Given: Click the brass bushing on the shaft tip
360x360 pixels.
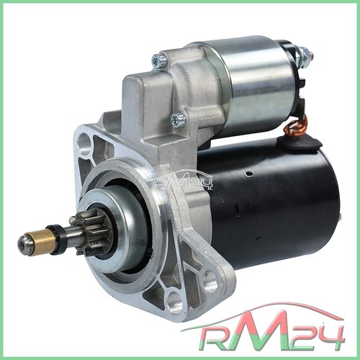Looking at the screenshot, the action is [41, 242].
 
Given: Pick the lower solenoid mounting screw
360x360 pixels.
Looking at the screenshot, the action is [179, 120].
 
